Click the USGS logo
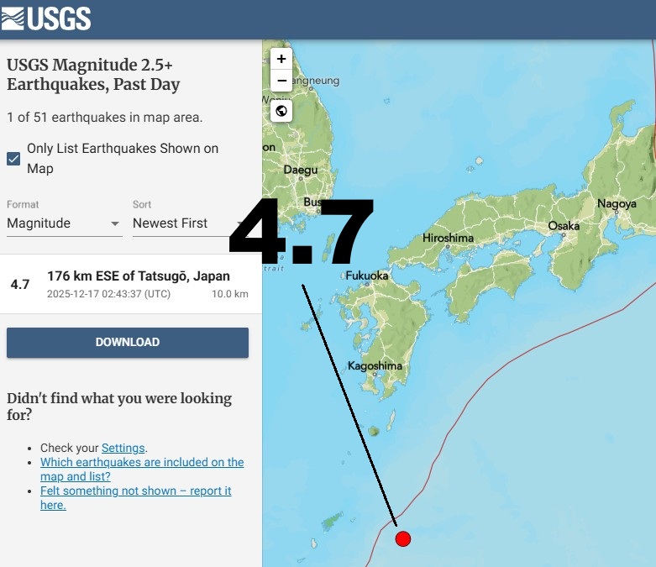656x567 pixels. pyautogui.click(x=47, y=18)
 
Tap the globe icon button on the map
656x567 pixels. pyautogui.click(x=281, y=111)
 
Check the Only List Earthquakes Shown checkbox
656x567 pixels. pyautogui.click(x=13, y=159)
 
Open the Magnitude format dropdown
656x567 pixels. pyautogui.click(x=64, y=223)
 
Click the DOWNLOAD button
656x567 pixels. pyautogui.click(x=128, y=343)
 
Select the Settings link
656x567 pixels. pyautogui.click(x=123, y=448)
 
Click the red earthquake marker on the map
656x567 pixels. pyautogui.click(x=402, y=538)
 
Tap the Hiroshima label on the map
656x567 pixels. pyautogui.click(x=448, y=238)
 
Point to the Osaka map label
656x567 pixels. pyautogui.click(x=564, y=226)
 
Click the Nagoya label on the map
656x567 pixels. pyautogui.click(x=617, y=203)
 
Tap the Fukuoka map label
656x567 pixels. pyautogui.click(x=367, y=275)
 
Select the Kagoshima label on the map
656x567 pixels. pyautogui.click(x=375, y=366)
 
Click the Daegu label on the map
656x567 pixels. pyautogui.click(x=301, y=170)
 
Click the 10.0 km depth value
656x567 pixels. pyautogui.click(x=229, y=294)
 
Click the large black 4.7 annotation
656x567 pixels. pyautogui.click(x=301, y=232)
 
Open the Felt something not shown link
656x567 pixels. pyautogui.click(x=136, y=497)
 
